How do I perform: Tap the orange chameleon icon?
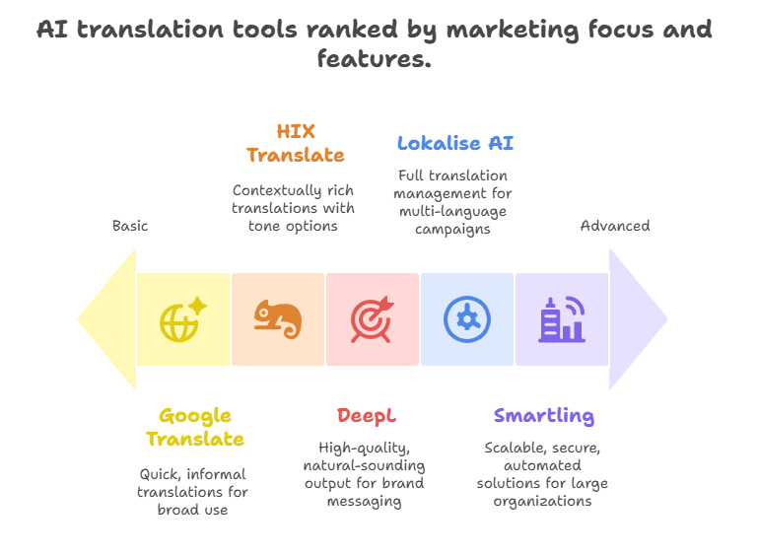tap(278, 318)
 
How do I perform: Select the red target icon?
tap(373, 319)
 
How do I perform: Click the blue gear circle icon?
tap(467, 319)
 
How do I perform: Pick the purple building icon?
tap(562, 319)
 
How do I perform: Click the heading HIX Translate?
tap(296, 143)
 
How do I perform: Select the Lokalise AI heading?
tap(455, 143)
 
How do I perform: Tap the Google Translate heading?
tap(195, 427)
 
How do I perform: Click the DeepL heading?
tap(367, 416)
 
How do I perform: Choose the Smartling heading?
tap(544, 416)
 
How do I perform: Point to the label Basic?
tap(130, 226)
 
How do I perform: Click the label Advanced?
tap(615, 226)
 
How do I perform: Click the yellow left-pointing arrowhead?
tap(106, 319)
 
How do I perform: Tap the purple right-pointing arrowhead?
tap(639, 319)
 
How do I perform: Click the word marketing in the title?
tap(513, 30)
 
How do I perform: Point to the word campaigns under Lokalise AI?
tap(452, 230)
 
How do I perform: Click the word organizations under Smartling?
tap(543, 502)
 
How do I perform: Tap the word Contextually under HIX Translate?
tap(277, 190)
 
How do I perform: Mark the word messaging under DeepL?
tap(365, 502)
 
